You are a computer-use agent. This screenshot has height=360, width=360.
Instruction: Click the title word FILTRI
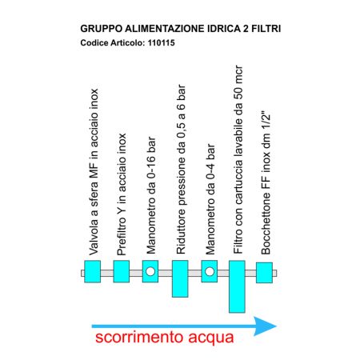tap(266, 29)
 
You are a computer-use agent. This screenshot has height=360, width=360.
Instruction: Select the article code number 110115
tap(162, 42)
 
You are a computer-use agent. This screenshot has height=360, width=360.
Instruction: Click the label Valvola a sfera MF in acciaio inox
tap(94, 172)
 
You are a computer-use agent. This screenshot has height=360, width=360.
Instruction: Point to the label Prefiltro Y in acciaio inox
tap(122, 194)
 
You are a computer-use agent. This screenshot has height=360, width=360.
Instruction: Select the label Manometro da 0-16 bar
tap(150, 195)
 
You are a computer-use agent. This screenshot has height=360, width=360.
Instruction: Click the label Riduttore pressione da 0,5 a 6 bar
tap(181, 170)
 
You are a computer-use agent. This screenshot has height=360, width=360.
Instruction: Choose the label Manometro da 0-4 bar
tap(210, 199)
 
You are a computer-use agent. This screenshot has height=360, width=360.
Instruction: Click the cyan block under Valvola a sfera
tap(92, 271)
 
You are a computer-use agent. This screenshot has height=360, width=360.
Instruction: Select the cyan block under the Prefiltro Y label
tap(122, 271)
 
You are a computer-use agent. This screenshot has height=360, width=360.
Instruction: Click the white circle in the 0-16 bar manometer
tap(150, 271)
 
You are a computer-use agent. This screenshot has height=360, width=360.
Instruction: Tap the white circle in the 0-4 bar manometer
tap(210, 271)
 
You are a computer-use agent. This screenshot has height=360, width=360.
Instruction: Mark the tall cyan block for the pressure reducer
tap(180, 278)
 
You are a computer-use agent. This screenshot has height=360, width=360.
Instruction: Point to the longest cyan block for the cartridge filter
tap(237, 286)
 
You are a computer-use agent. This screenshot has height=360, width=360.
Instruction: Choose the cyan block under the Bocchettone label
tap(264, 273)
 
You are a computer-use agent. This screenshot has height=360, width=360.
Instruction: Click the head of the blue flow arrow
tap(266, 326)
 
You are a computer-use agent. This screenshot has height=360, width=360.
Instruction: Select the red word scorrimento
tap(138, 337)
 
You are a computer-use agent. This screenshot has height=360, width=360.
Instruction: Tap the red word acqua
tap(211, 338)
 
